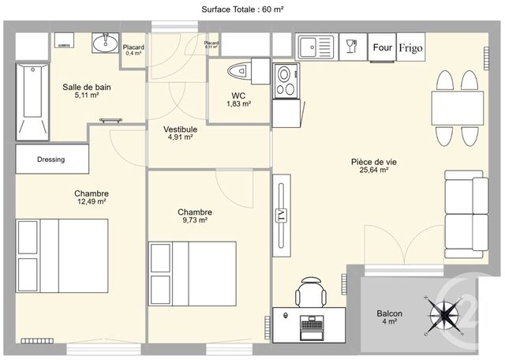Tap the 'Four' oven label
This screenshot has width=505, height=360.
click(x=382, y=47)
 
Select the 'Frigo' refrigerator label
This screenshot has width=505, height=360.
click(x=410, y=47)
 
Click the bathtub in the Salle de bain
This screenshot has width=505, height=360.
click(x=31, y=102)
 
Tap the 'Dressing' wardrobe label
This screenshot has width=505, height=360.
click(x=51, y=159)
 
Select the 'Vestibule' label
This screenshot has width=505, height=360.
click(x=180, y=129)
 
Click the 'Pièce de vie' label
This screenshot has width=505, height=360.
click(x=374, y=161)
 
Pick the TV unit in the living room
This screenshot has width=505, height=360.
click(x=279, y=215)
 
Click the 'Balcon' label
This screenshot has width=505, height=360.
click(x=389, y=313)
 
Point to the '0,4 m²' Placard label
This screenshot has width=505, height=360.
click(x=133, y=50)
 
